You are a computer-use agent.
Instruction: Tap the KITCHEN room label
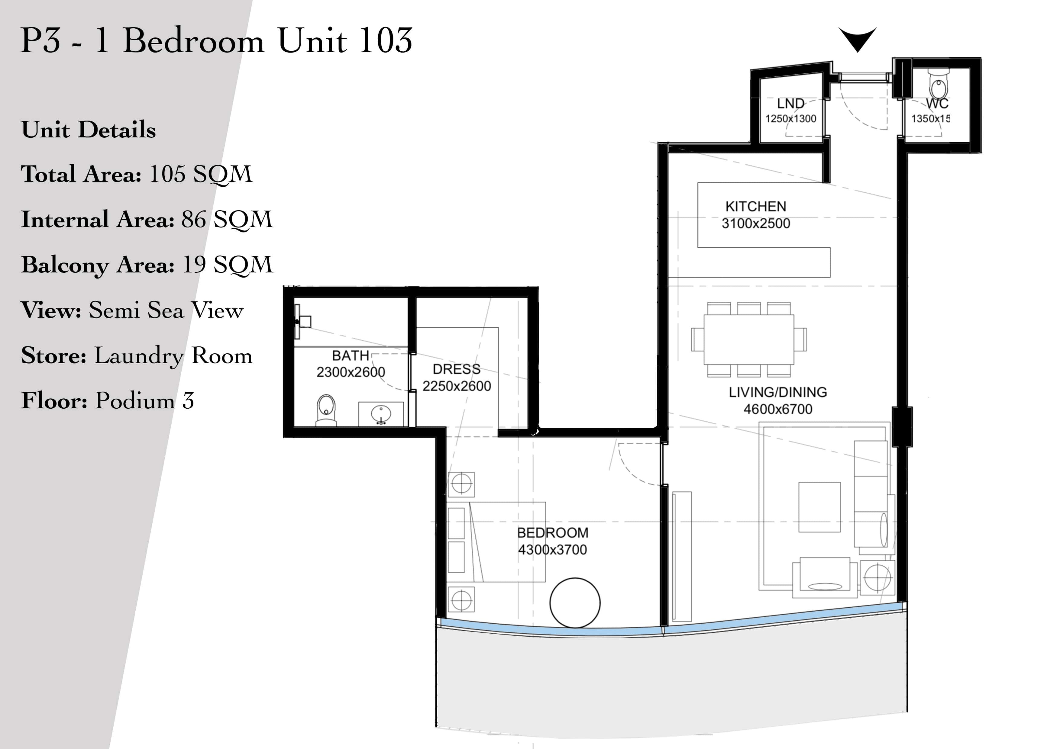[756, 206]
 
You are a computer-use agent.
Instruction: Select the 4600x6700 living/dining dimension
[778, 409]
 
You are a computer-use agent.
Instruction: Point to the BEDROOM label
[553, 532]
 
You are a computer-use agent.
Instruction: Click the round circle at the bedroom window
[575, 603]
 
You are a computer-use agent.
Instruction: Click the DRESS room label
[457, 369]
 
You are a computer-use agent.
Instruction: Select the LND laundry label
[790, 103]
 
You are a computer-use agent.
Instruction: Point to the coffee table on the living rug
[819, 507]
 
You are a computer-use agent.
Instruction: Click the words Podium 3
[144, 400]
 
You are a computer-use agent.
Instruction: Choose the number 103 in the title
[385, 40]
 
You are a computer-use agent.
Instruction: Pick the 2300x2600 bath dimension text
[351, 372]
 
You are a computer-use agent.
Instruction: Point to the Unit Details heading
[89, 130]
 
